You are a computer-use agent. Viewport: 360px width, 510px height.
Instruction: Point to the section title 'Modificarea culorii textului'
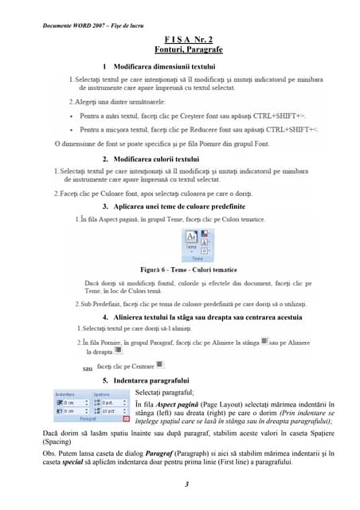(156, 160)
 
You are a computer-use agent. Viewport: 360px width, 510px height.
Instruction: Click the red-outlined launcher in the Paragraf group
(126, 418)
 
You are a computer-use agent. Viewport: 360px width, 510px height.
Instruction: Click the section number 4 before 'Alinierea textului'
(106, 316)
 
